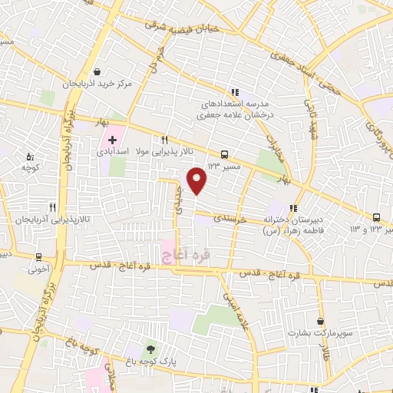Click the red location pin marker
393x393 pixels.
(x=197, y=180)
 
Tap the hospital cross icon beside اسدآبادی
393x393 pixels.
(x=113, y=140)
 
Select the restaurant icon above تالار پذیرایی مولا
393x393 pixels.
(x=164, y=140)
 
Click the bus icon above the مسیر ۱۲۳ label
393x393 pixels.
(x=224, y=154)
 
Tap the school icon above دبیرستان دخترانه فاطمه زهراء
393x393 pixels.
(x=292, y=207)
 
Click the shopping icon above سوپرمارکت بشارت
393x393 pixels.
(x=319, y=322)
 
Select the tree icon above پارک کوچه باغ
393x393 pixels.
(x=150, y=348)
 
